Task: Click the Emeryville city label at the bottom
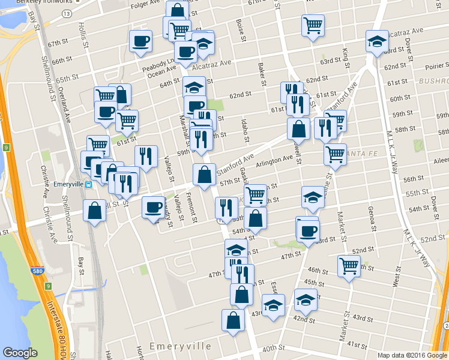point(180,347)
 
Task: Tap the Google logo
point(20,353)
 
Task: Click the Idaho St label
point(245,130)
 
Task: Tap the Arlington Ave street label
point(274,161)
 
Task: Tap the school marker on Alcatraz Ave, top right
point(376,41)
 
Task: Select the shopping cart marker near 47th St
point(349,266)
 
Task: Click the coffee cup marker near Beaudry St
point(153,208)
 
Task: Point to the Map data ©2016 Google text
point(412,355)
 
